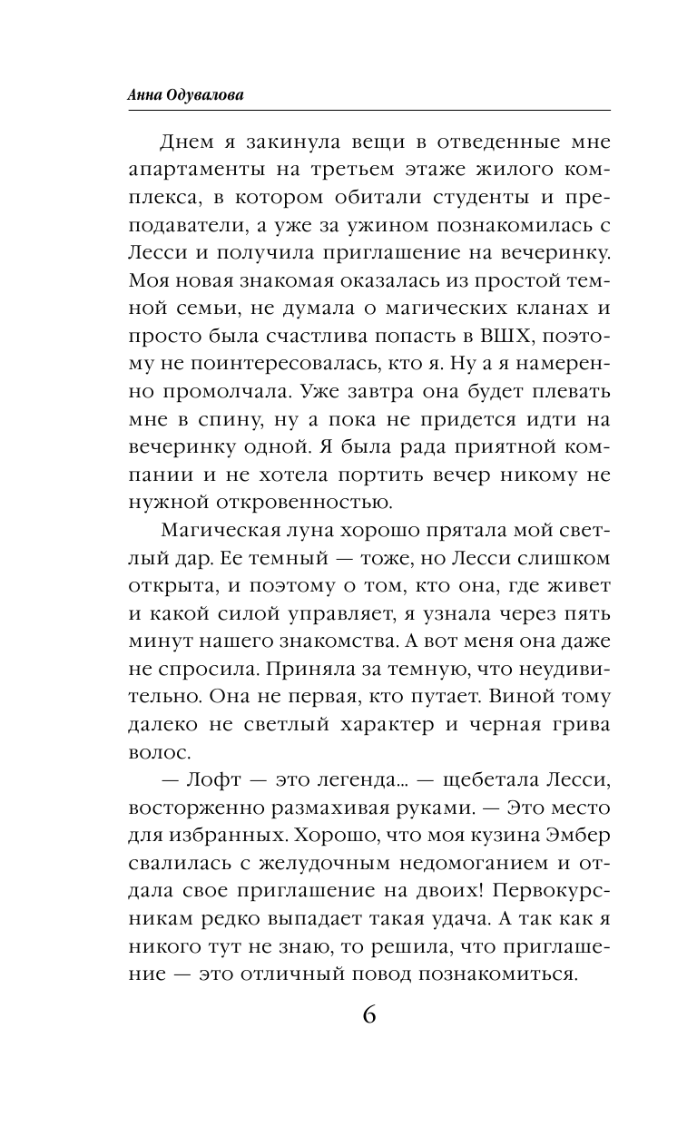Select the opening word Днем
coord(188,142)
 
